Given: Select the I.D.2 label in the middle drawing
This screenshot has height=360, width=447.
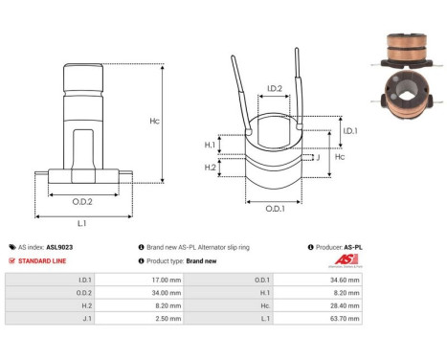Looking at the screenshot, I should (274, 89).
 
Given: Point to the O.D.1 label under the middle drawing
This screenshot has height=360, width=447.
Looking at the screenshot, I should (274, 209).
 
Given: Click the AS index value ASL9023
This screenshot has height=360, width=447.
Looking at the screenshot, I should (59, 246).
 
